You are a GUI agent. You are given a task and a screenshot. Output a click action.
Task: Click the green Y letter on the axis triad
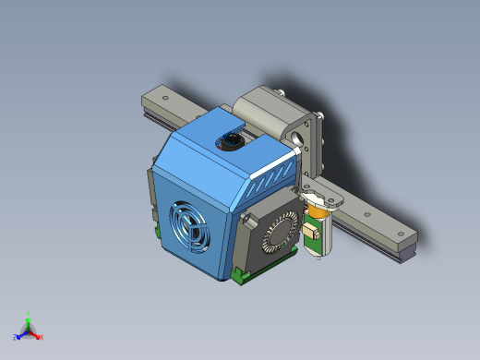click(x=29, y=313)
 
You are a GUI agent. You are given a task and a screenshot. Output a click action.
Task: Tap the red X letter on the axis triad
click(x=42, y=337)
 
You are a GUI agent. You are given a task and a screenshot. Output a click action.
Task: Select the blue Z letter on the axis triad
click(x=16, y=337)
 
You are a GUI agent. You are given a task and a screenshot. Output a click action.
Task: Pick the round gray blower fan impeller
click(x=280, y=234)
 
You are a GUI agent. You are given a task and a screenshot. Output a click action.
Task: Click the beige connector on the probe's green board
click(x=314, y=231)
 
